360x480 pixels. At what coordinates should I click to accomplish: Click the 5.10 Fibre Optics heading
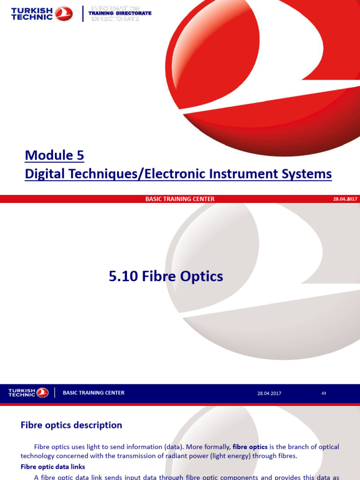click(166, 277)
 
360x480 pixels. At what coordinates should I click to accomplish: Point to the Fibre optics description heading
click(71, 425)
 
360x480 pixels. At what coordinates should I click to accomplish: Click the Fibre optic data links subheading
click(53, 467)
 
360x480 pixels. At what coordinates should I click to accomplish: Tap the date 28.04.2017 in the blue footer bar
click(269, 393)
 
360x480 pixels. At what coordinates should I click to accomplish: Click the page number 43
click(323, 393)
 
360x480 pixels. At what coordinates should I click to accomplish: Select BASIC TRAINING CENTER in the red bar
click(180, 199)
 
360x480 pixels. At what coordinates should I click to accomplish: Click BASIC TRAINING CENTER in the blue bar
click(94, 393)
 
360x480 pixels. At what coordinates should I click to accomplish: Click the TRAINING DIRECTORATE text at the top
click(120, 14)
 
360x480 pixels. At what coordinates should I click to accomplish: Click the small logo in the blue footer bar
click(42, 392)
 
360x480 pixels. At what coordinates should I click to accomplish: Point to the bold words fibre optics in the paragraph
click(250, 447)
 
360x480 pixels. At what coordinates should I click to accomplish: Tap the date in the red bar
click(345, 199)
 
